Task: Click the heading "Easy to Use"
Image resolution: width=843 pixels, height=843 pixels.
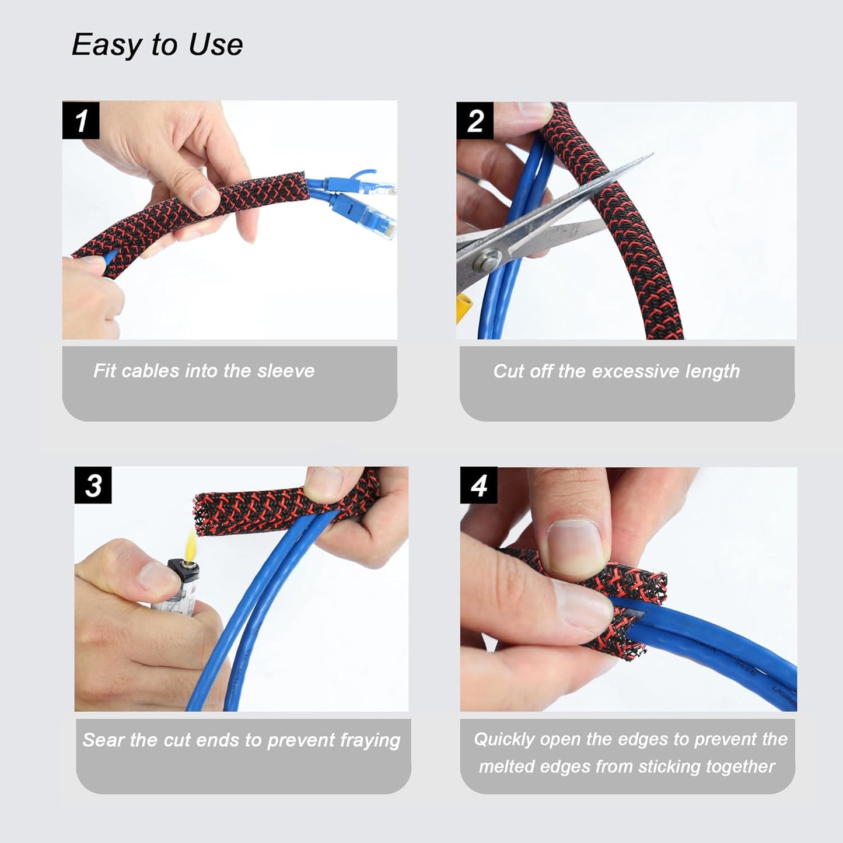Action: click(x=157, y=45)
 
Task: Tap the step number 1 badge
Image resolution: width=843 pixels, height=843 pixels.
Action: click(x=81, y=121)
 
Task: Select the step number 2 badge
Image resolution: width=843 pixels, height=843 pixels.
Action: click(x=475, y=121)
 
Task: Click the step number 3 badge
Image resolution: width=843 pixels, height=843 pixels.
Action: click(x=93, y=485)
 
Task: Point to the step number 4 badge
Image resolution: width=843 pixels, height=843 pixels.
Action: click(x=478, y=485)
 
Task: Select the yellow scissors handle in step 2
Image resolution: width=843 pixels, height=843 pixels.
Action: click(x=463, y=307)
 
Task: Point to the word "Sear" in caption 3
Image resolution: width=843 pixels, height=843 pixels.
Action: click(x=103, y=740)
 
